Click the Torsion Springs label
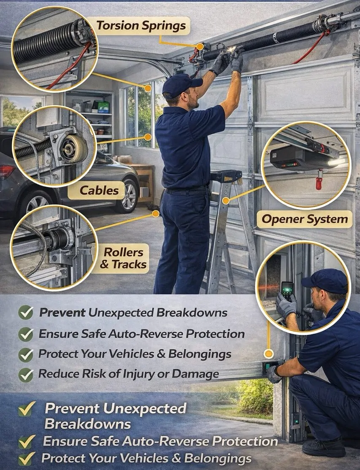(141, 26)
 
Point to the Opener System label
(305, 219)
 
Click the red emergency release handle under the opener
(319, 182)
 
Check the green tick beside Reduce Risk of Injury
(26, 375)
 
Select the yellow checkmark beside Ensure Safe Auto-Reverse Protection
(27, 442)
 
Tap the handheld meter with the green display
(287, 290)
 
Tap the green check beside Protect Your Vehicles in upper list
(26, 354)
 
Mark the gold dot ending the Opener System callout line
(226, 200)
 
